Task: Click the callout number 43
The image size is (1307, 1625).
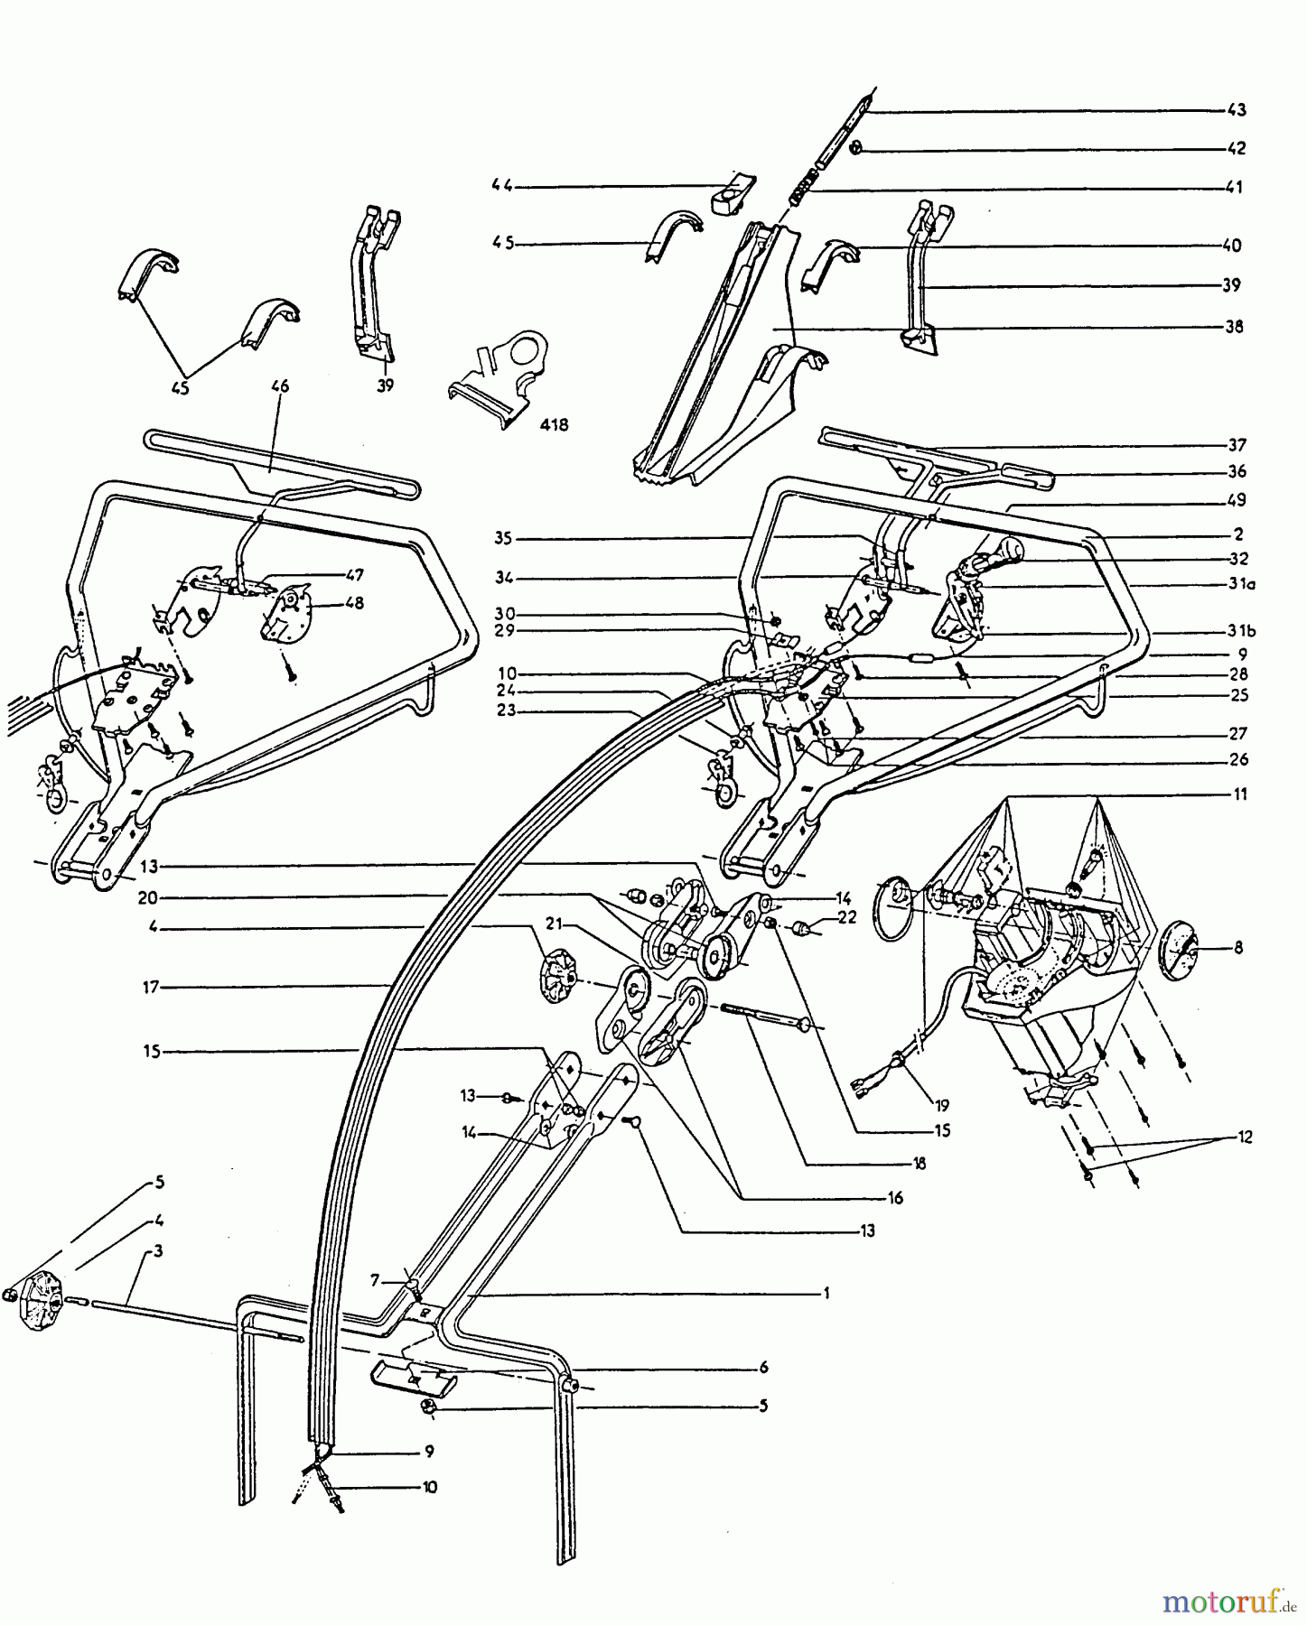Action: (1237, 110)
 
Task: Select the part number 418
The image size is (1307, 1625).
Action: (553, 423)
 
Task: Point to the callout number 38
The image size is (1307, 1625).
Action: (1235, 326)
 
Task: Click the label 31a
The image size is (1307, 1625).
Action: (1241, 584)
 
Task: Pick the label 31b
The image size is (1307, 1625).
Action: (1241, 631)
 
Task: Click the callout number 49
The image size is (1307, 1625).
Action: (1237, 500)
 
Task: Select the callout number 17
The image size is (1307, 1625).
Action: (150, 988)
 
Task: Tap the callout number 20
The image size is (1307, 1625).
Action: (150, 897)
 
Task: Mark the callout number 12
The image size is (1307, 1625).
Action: (1245, 1137)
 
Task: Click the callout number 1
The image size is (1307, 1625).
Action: (826, 1293)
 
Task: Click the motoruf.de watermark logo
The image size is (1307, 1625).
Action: (1228, 1602)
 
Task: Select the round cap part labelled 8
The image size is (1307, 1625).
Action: (1178, 949)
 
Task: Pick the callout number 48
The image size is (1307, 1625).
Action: (353, 603)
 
